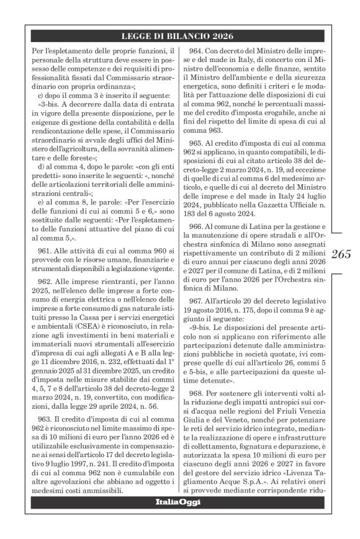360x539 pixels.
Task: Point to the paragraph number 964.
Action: point(199,51)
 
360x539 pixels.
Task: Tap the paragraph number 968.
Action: point(199,394)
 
